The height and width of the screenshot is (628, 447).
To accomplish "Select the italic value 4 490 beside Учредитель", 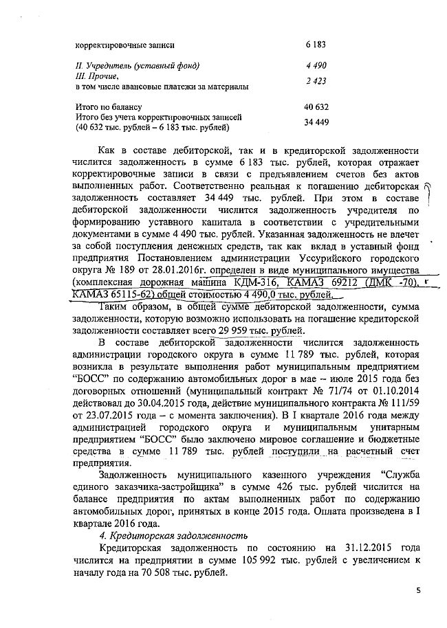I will point(316,66).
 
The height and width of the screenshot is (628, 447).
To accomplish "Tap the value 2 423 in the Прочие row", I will point(316,81).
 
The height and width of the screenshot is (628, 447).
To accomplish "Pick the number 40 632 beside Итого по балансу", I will point(314,107).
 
